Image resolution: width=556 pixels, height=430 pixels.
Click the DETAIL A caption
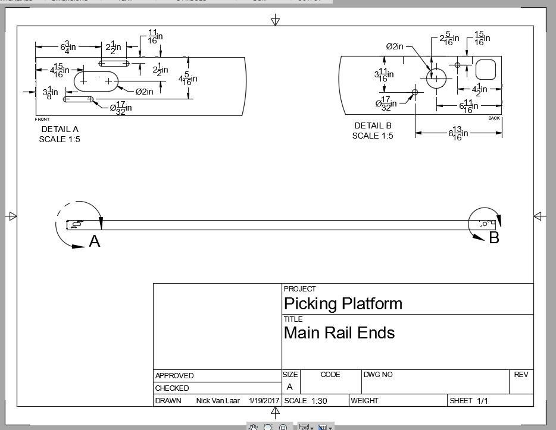click(x=60, y=129)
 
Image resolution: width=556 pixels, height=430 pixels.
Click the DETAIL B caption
click(x=373, y=125)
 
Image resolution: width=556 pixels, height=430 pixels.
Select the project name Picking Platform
click(x=343, y=304)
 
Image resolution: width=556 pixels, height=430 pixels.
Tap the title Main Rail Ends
click(x=339, y=332)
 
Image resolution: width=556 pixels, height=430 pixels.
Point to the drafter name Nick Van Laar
click(x=218, y=401)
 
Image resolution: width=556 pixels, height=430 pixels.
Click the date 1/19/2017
click(x=264, y=401)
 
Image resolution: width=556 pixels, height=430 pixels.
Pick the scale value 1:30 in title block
click(x=319, y=401)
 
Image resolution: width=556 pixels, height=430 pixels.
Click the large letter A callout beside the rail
click(x=94, y=241)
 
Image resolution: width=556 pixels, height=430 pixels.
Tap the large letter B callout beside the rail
click(x=493, y=238)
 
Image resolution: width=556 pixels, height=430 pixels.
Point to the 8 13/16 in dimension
click(x=458, y=133)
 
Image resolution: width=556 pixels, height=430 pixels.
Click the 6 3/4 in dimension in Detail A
click(x=68, y=46)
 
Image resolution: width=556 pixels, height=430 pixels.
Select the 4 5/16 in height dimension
click(x=188, y=79)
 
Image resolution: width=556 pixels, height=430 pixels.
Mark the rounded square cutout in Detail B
click(x=486, y=69)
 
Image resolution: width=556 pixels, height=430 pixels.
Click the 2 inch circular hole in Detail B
click(x=436, y=77)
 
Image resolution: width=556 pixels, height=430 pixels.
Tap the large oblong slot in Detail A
click(x=96, y=80)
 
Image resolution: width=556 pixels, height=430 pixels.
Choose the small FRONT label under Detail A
click(x=42, y=119)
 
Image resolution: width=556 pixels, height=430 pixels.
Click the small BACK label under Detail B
click(x=494, y=118)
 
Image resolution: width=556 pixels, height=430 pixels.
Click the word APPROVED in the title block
click(x=174, y=376)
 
